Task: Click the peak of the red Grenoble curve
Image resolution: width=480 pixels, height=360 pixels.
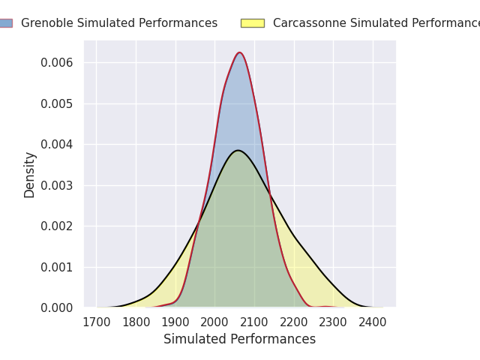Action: (239, 52)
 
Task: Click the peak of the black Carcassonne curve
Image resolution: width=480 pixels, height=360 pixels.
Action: (238, 150)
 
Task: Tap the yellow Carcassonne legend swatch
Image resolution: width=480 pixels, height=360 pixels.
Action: (252, 23)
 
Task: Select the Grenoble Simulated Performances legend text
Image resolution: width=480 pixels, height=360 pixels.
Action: (119, 23)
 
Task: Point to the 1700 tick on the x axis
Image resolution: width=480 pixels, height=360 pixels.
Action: (96, 322)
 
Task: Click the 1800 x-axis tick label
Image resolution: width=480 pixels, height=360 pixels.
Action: (136, 322)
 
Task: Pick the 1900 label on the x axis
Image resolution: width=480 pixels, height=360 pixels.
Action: (175, 322)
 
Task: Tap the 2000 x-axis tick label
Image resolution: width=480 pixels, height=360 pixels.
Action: (215, 322)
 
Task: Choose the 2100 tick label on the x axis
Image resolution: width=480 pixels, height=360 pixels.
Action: (254, 322)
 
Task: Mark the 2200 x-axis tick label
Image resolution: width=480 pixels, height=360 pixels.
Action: (294, 322)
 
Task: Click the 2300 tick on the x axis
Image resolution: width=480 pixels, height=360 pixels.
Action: (334, 322)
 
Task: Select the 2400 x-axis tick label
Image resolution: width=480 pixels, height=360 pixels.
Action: (373, 322)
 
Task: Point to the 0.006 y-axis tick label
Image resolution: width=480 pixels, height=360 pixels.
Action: (57, 63)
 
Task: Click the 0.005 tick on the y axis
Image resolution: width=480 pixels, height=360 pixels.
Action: (57, 103)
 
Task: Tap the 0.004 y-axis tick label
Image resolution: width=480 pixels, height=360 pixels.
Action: (57, 145)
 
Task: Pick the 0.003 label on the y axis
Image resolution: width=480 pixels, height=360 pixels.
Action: (57, 185)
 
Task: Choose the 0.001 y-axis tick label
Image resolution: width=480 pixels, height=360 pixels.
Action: (57, 267)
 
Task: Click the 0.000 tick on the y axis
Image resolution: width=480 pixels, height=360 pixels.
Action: (57, 308)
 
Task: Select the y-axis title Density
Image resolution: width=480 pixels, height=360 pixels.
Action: (30, 175)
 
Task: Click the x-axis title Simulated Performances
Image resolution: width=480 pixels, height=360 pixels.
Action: (239, 340)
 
